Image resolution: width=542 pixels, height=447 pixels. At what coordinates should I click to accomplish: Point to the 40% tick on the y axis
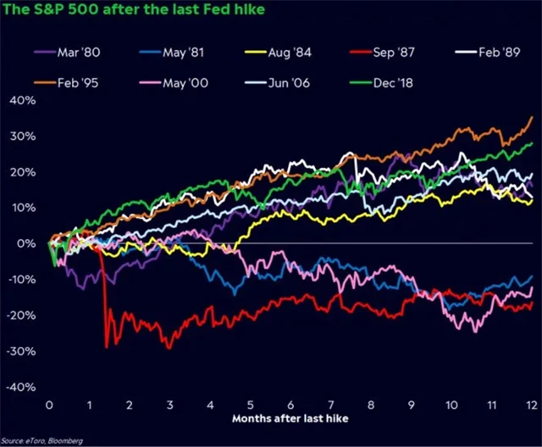[22, 100]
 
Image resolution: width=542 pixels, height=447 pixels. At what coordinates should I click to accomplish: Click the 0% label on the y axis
[27, 243]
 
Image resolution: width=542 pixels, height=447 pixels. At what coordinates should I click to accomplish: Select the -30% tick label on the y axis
[20, 350]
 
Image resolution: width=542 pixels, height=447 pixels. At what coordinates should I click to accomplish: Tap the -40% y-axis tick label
[20, 387]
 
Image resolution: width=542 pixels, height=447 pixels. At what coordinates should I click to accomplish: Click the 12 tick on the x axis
[531, 405]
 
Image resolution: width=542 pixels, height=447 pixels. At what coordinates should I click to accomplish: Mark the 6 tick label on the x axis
[290, 405]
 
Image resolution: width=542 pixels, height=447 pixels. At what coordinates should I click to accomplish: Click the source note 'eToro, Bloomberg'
[47, 440]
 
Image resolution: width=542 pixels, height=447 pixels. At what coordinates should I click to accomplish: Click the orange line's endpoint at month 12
[533, 117]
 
